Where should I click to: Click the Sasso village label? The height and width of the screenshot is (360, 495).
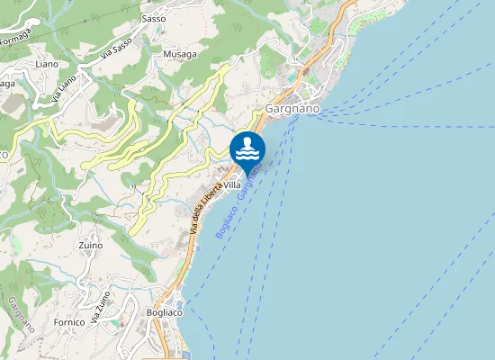(x=154, y=18)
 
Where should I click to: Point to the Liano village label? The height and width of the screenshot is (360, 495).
(x=46, y=64)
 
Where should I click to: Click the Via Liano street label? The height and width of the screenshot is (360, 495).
(x=67, y=88)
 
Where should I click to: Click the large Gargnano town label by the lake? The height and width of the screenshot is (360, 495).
(x=293, y=109)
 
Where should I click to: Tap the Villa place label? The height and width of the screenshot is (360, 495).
(x=232, y=184)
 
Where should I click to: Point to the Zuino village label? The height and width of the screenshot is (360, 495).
(x=90, y=245)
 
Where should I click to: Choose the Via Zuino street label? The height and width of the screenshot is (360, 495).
(x=102, y=308)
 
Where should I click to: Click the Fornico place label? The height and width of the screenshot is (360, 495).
(x=68, y=321)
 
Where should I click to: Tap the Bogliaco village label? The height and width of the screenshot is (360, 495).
(x=164, y=312)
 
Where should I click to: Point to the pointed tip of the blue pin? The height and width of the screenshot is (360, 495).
(x=247, y=176)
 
